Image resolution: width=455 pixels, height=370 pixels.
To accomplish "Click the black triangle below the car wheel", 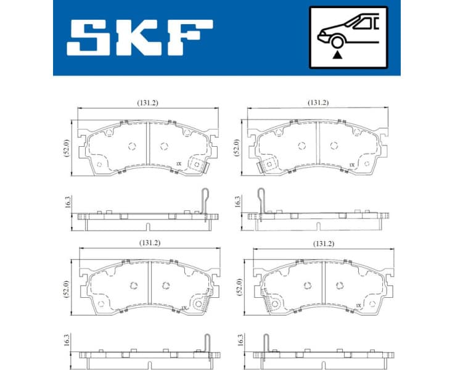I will pos(337,55).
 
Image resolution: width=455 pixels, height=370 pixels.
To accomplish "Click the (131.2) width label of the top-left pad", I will pos(146,102).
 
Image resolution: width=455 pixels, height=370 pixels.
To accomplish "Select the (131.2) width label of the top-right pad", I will pos(318,102).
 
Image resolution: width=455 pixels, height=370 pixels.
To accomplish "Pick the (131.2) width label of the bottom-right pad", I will pos(323,244).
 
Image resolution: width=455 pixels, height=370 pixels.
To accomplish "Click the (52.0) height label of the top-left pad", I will pos(65,148).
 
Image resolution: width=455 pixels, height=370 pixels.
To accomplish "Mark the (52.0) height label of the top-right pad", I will pos(236,148).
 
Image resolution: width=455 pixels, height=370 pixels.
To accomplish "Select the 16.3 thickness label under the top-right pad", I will pos(237,201).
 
